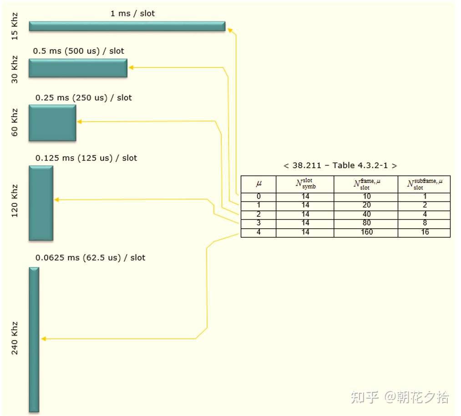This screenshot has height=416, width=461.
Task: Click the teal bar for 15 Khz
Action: click(x=127, y=26)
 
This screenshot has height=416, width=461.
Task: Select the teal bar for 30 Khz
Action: click(x=78, y=68)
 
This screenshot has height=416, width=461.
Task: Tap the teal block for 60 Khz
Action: click(x=52, y=123)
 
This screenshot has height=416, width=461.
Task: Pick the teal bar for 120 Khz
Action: click(x=41, y=203)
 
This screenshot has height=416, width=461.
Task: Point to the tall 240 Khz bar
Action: click(x=34, y=339)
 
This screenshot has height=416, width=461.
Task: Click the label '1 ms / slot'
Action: click(x=132, y=14)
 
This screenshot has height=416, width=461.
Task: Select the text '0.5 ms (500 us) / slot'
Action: click(x=78, y=51)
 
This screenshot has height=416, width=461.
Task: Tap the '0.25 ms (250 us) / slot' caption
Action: click(x=84, y=98)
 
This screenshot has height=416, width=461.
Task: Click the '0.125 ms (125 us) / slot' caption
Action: click(x=86, y=158)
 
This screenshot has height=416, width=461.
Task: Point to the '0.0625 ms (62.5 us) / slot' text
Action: click(x=90, y=258)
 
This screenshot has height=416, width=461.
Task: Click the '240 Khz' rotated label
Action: click(x=15, y=338)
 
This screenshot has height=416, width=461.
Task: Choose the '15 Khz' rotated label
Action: click(x=15, y=26)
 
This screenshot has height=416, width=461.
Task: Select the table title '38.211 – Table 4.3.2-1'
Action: click(x=340, y=165)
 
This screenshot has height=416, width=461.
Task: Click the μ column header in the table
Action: click(x=258, y=184)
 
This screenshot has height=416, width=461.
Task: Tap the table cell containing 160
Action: click(x=366, y=232)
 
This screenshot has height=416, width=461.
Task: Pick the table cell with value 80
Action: click(x=366, y=223)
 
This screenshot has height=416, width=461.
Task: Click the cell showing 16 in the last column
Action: click(x=424, y=232)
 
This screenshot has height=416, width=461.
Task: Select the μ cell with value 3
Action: click(x=258, y=223)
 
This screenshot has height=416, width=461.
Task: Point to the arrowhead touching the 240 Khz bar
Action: click(x=43, y=339)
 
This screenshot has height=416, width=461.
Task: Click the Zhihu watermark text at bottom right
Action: click(x=400, y=397)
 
